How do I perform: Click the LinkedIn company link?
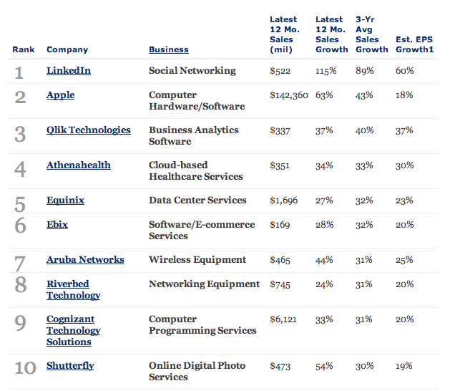68,71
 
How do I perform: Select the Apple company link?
60,95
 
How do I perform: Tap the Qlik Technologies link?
88,130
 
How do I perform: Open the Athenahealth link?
78,165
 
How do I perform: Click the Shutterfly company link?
70,366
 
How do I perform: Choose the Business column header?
168,49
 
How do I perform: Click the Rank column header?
24,49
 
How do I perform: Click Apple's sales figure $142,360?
288,95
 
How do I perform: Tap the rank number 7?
20,264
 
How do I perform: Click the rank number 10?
25,368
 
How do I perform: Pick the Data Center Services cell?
197,201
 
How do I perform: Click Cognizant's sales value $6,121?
283,319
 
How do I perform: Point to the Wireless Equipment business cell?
197,260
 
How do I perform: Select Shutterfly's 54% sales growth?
324,366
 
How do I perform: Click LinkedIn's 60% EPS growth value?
404,71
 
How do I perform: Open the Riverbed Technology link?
73,290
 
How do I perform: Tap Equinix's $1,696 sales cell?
284,201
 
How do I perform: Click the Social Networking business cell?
192,71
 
